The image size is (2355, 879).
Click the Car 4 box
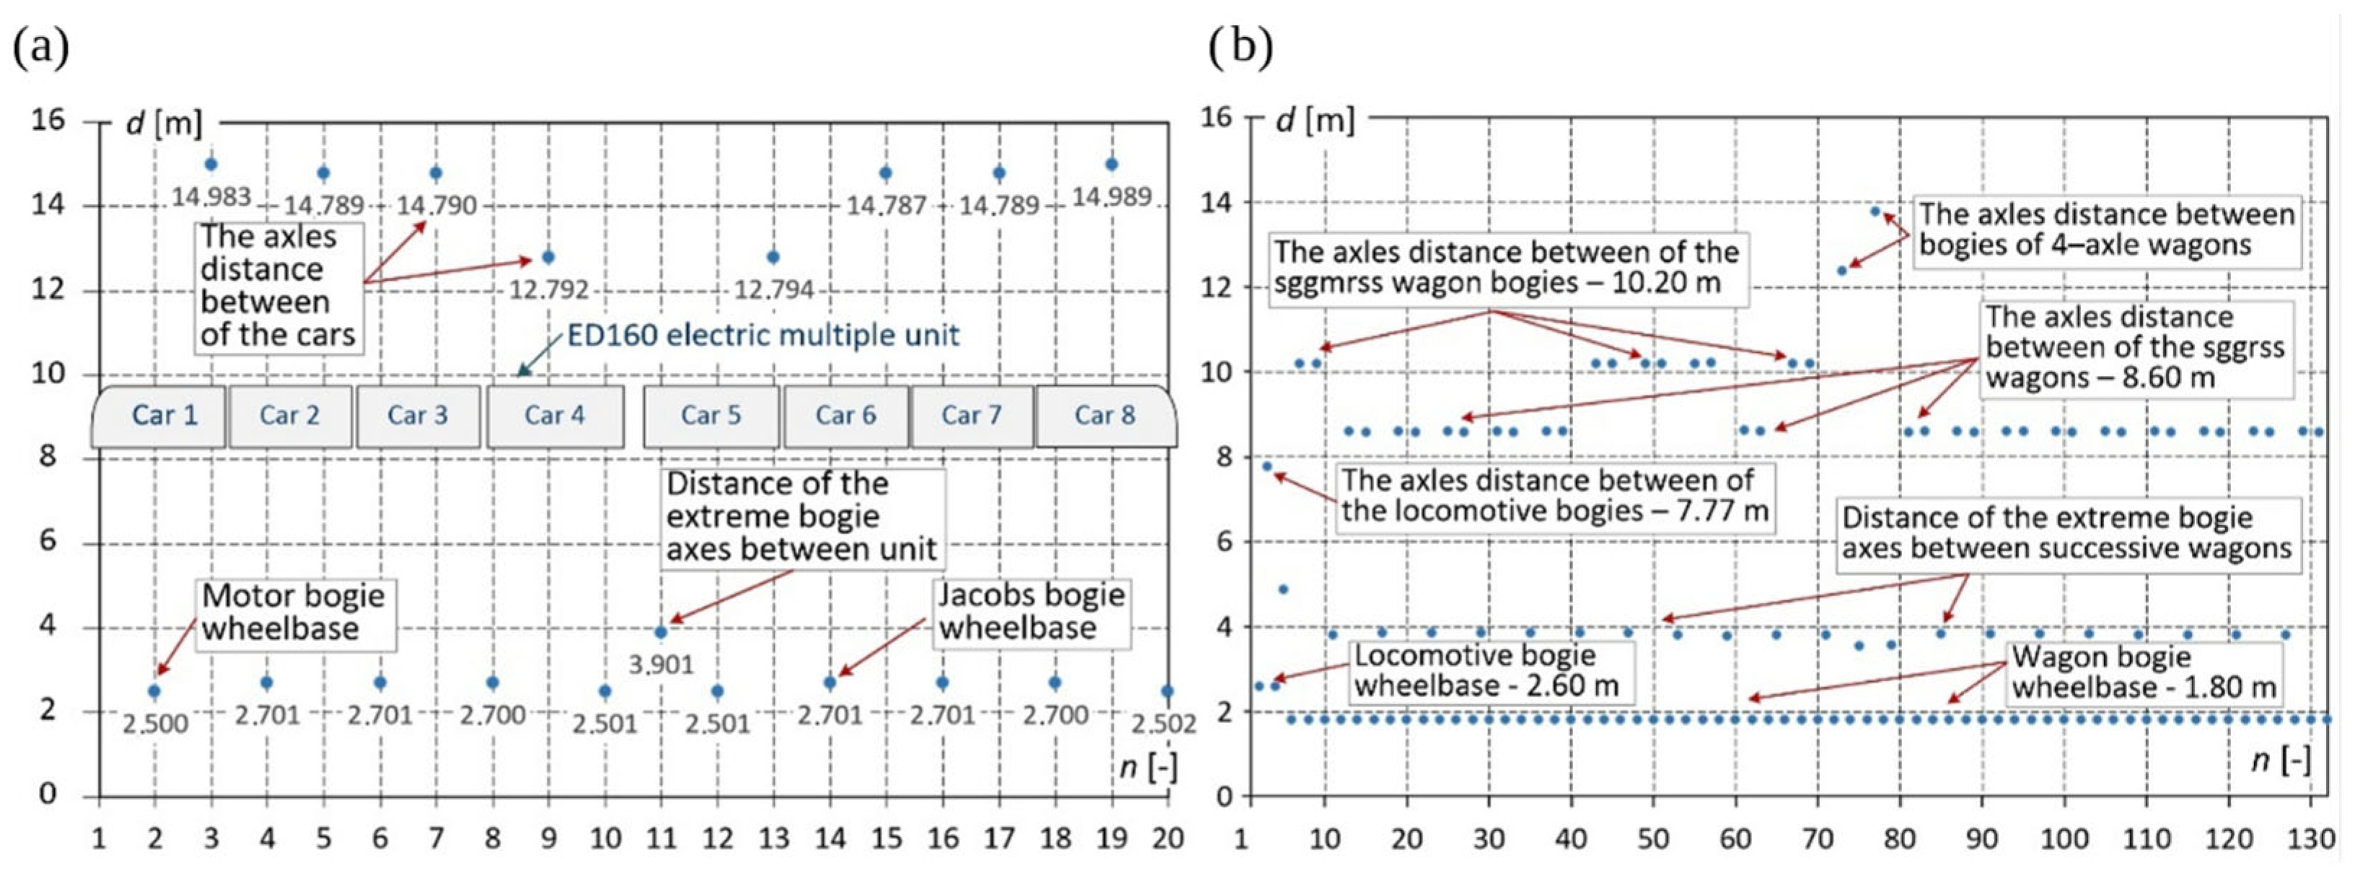tap(555, 415)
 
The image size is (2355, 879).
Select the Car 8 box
tap(1104, 415)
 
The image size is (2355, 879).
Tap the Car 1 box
tap(164, 415)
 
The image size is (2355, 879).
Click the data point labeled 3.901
tap(661, 632)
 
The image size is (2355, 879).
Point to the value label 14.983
tap(211, 196)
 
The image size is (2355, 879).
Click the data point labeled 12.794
tap(773, 257)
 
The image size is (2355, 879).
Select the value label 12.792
tap(548, 290)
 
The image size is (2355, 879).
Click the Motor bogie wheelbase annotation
tap(294, 613)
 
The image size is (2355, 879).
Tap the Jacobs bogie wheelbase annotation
tap(1030, 612)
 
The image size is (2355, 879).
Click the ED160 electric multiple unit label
tap(762, 336)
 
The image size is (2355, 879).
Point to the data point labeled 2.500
tap(154, 691)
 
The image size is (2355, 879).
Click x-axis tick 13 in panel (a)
tap(773, 838)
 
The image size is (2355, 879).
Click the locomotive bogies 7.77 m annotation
tap(1554, 496)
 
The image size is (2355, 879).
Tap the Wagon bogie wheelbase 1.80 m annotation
tap(2143, 673)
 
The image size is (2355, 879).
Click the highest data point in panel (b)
tap(1875, 211)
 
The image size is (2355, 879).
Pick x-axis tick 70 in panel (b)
tap(1818, 838)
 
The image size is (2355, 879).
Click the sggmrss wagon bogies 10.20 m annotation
tap(1506, 267)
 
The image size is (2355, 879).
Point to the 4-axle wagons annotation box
tap(2105, 230)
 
